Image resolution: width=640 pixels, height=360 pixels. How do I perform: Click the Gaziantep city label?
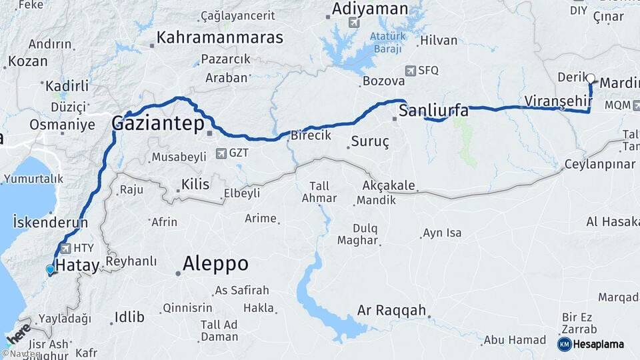point(158,124)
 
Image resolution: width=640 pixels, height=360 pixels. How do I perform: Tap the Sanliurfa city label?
point(433,111)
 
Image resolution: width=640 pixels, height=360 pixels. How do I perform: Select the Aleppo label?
point(215,263)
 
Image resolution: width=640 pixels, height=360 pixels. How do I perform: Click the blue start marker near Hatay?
point(50,269)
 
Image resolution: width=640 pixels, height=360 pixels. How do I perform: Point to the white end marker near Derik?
point(591,78)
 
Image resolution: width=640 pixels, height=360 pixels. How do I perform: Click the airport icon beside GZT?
point(221,153)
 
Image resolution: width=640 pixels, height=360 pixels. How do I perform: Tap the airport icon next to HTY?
point(65,248)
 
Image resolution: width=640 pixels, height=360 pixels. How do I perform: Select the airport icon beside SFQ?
point(411,69)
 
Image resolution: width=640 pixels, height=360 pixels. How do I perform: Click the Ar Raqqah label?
point(391,310)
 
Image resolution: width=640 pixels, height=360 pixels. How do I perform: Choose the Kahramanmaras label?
point(219,37)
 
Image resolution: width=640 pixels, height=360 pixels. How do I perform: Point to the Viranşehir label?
point(559,101)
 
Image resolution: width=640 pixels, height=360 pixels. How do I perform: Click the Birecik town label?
point(311,135)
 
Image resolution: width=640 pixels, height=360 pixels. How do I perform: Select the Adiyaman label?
point(369,9)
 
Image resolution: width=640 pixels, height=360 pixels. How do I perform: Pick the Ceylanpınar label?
point(599,164)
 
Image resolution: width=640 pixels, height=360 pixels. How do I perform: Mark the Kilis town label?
point(195,184)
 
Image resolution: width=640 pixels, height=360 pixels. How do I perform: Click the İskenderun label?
point(45,223)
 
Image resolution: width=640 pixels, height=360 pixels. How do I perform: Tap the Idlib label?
point(129,317)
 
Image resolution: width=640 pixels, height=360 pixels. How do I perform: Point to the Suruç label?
point(370,142)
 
